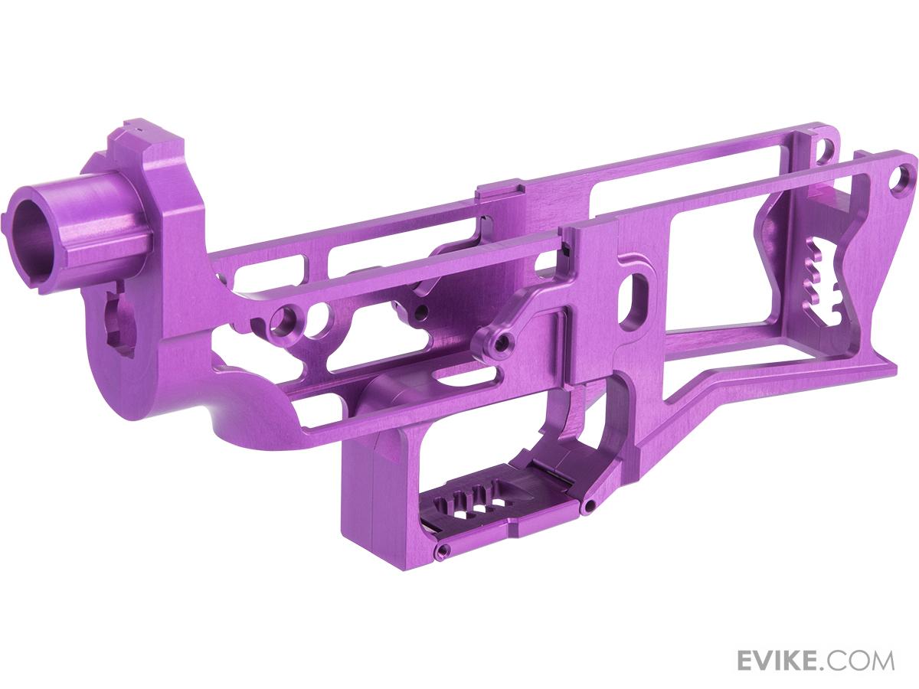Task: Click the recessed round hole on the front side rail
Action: [289, 316]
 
